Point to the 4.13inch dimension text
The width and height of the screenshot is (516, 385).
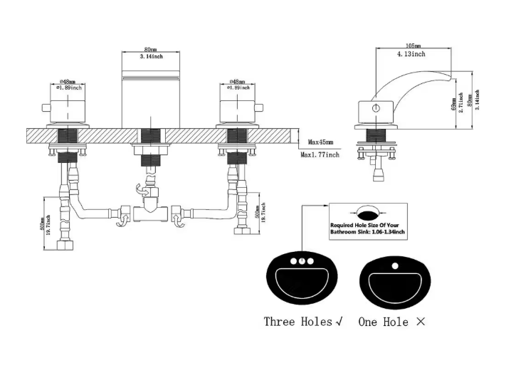[x=411, y=54]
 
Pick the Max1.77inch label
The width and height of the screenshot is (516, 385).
[x=320, y=154]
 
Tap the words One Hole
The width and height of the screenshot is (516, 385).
[x=384, y=322]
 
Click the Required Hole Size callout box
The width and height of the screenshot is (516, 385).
[x=367, y=220]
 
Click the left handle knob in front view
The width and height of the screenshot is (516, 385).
[x=68, y=107]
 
